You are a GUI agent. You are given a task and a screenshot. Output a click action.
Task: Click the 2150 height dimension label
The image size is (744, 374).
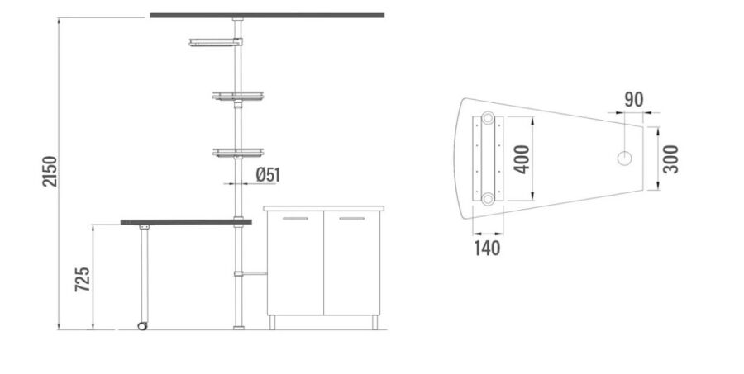point(50,171)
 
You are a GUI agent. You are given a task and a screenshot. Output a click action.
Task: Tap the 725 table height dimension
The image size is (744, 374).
point(83,279)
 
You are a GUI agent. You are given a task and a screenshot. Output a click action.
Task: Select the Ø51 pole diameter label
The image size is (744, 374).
point(268,174)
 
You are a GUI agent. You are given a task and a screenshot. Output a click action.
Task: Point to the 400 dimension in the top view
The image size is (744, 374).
point(522,159)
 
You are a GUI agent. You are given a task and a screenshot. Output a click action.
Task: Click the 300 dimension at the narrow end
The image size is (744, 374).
point(670,159)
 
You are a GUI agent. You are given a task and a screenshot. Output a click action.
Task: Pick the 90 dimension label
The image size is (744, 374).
point(634,100)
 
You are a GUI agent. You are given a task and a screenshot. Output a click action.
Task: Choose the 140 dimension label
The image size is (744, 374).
point(487,248)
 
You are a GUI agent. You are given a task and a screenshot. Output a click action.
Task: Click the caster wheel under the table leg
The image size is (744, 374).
point(142,325)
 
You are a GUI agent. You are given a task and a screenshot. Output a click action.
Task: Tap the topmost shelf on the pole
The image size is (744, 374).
point(216,42)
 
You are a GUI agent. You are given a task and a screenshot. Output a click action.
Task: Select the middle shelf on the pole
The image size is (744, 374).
point(238,97)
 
